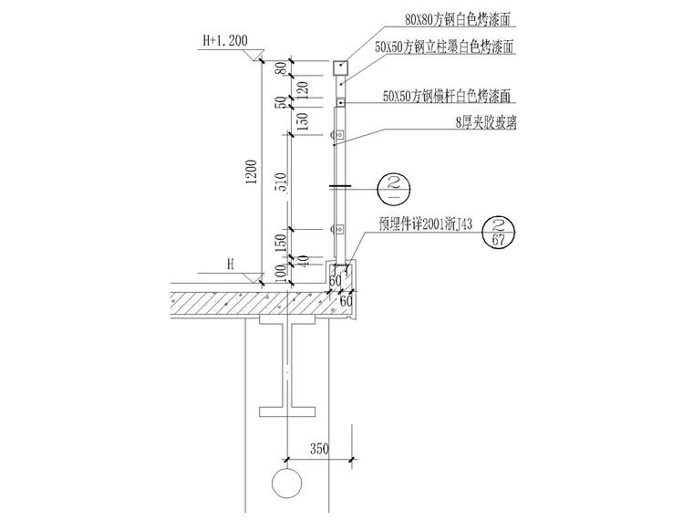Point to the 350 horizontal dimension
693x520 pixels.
[319, 449]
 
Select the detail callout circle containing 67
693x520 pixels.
[498, 233]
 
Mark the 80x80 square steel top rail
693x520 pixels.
[340, 67]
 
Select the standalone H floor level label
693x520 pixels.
[231, 263]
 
